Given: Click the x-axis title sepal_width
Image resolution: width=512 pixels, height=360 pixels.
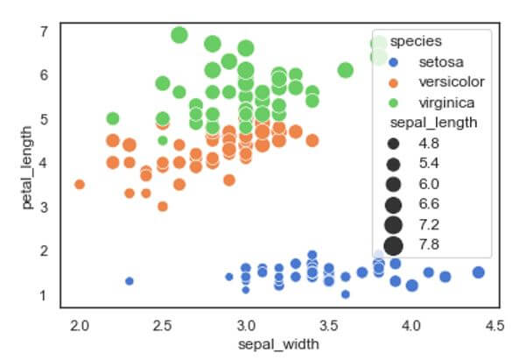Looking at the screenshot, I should [x=277, y=344].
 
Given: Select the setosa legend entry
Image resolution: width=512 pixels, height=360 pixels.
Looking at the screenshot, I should [x=437, y=62].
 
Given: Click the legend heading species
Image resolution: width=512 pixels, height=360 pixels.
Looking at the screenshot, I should [x=414, y=41].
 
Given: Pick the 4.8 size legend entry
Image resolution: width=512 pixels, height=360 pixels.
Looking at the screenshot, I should [x=430, y=143].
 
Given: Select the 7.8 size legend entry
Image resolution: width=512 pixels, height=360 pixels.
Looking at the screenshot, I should [x=430, y=244].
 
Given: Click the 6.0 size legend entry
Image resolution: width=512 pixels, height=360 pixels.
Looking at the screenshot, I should [x=430, y=183].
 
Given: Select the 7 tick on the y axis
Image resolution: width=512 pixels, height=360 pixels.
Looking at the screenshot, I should [x=43, y=32].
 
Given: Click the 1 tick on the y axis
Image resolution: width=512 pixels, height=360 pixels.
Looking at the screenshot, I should [x=43, y=295].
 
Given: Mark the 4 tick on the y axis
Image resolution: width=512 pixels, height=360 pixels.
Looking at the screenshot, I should [x=43, y=163].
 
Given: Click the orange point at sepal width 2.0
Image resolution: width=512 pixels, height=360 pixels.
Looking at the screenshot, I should [x=80, y=185].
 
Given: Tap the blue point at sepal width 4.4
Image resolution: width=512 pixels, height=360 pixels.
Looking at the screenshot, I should [x=478, y=272].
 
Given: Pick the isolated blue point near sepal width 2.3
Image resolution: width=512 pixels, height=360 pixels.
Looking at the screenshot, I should [x=130, y=281].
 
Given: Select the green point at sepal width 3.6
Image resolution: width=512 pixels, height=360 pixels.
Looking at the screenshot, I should [x=345, y=70].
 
